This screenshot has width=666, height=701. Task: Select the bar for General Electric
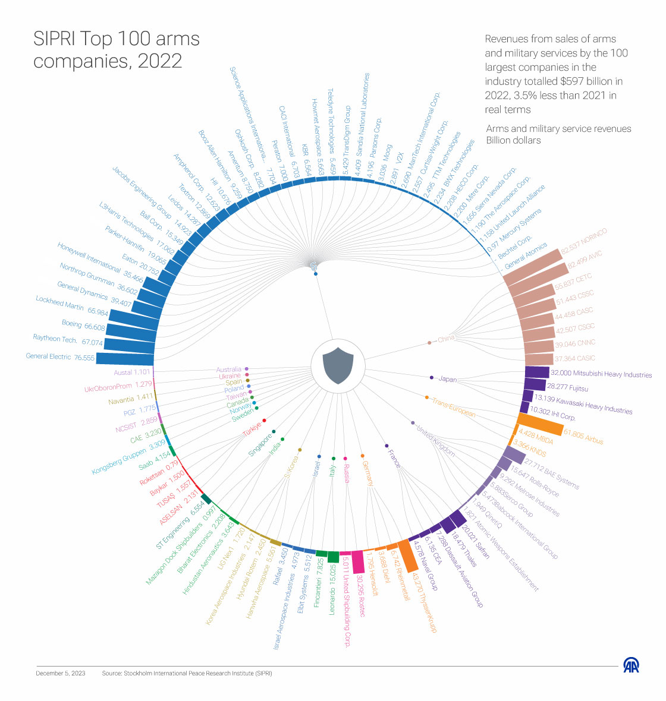125,358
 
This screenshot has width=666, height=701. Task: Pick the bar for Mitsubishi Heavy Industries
537,372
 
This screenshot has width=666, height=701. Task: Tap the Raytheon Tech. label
55,339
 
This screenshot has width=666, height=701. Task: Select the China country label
446,339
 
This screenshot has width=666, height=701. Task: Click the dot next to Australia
246,369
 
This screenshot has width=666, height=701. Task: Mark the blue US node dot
315,274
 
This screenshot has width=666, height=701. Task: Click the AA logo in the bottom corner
631,666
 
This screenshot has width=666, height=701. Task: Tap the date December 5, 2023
60,673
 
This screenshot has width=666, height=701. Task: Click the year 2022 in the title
159,61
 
